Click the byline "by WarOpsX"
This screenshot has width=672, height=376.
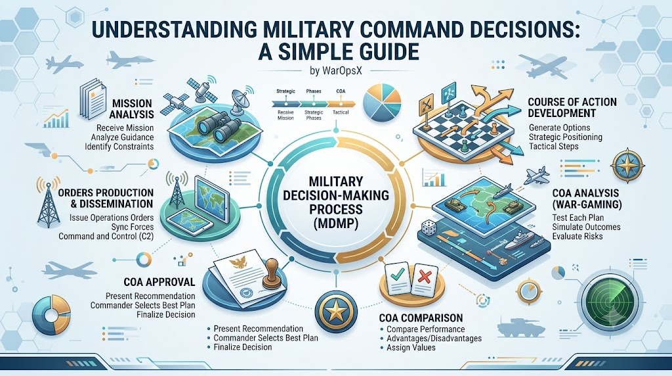(x=335, y=71)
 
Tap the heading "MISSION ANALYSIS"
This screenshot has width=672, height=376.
(x=131, y=108)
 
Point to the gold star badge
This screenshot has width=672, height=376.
(x=337, y=310)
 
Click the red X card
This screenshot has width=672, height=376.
(x=425, y=279)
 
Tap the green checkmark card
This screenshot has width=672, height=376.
(x=398, y=277)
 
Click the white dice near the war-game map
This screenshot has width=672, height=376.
(x=427, y=228)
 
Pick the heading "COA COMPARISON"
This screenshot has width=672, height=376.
(x=421, y=318)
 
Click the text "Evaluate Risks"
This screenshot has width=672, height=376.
(x=577, y=237)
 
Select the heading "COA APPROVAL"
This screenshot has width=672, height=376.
(x=159, y=282)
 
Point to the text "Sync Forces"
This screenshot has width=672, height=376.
(x=132, y=227)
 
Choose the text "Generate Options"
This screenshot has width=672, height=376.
(x=559, y=128)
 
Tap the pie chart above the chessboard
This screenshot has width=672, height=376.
(x=382, y=103)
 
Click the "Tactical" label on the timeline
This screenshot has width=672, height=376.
(x=341, y=112)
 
